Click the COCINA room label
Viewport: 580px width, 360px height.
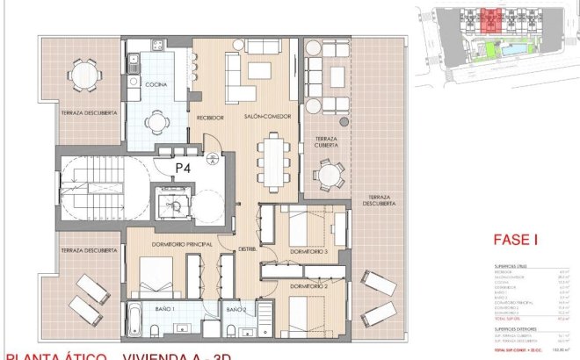[156, 84]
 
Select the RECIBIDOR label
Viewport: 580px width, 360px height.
[209, 117]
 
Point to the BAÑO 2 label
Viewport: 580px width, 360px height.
[235, 310]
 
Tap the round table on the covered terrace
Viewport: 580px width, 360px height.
[327, 175]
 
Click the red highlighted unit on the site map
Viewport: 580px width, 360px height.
[489, 17]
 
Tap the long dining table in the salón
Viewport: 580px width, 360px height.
[272, 157]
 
